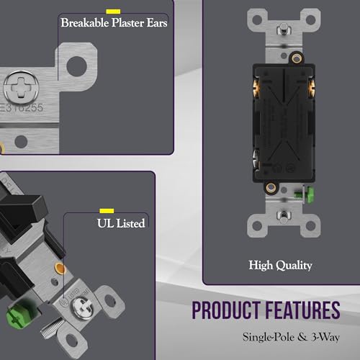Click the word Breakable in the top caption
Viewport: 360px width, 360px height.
point(85,23)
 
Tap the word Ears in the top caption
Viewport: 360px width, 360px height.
point(157,23)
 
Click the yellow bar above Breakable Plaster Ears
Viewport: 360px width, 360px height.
point(113,12)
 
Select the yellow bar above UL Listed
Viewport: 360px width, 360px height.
point(107,211)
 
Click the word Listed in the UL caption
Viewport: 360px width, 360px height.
point(130,223)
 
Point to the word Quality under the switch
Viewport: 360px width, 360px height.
point(294,266)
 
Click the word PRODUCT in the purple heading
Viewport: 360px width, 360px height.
point(225,310)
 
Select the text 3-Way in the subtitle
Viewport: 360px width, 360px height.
point(325,337)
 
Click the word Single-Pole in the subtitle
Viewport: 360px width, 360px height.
point(269,337)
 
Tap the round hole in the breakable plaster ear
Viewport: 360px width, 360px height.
point(76,66)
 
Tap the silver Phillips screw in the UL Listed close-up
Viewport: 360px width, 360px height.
point(83,308)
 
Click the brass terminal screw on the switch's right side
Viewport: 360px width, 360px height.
point(312,89)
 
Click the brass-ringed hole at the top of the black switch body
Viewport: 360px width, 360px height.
point(297,58)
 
